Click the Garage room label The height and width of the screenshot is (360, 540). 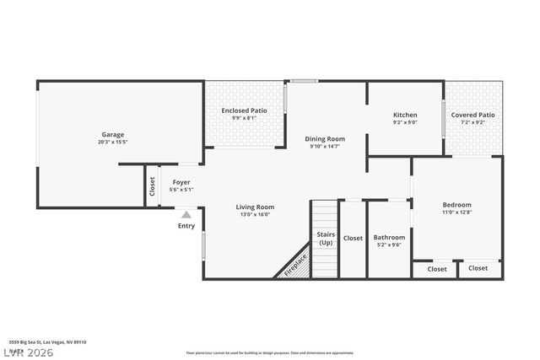tap(113, 134)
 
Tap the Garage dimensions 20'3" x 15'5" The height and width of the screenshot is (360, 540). tap(113, 142)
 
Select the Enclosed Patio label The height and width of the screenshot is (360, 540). tap(244, 110)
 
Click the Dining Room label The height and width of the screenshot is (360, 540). tap(325, 138)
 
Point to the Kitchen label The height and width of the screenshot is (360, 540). tap(405, 115)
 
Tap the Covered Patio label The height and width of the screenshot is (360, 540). tap(472, 115)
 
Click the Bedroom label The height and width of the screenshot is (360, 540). tap(456, 205)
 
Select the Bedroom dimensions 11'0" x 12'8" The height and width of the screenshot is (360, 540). tap(456, 213)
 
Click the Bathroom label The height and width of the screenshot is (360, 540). tap(389, 237)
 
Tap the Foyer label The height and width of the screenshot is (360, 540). tap(181, 181)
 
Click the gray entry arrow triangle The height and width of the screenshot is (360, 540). tap(186, 215)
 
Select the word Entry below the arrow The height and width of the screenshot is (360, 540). tap(186, 225)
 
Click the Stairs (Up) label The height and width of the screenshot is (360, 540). tap(325, 238)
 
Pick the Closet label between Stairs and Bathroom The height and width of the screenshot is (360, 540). tap(353, 238)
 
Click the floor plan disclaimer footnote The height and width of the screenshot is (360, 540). tap(270, 352)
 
